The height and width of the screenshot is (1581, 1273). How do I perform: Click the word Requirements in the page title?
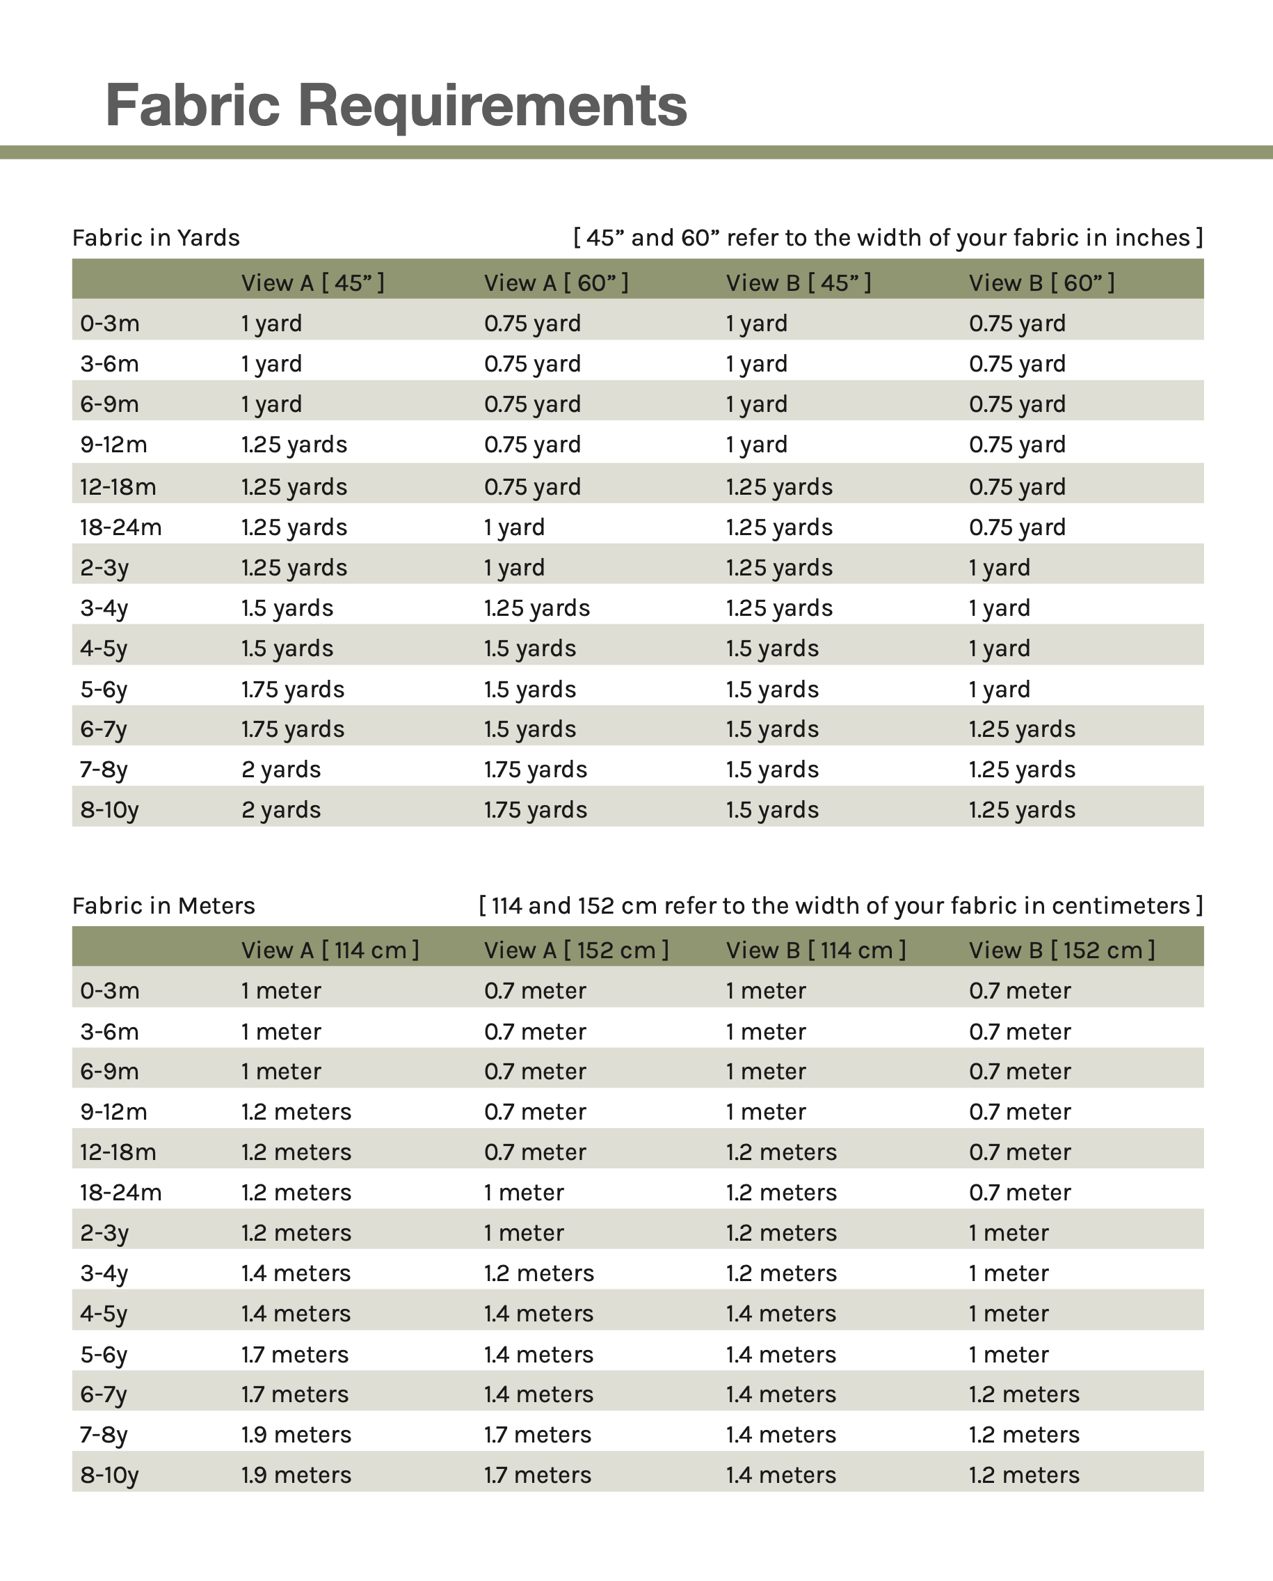[492, 105]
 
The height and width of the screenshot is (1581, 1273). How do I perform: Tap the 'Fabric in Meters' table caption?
[163, 905]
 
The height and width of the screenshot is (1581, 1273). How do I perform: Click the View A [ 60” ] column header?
[556, 283]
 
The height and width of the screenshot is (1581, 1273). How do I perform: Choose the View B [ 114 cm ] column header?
[816, 950]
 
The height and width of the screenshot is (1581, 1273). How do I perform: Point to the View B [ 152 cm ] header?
[1062, 950]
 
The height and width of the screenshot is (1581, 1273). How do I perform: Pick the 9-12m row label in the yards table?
[113, 445]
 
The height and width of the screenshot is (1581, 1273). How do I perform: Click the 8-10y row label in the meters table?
[109, 1475]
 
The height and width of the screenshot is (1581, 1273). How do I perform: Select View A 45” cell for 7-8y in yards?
[281, 770]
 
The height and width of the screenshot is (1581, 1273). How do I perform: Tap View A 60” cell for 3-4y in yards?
[537, 608]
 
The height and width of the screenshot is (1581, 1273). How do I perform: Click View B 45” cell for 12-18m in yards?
[780, 487]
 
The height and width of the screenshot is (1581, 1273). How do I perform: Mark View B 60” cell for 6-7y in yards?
[1022, 729]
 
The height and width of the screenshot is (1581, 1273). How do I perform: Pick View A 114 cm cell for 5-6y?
[295, 1354]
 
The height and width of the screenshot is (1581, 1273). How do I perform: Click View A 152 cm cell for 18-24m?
[524, 1192]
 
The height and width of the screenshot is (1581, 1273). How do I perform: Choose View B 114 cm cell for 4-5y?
[781, 1313]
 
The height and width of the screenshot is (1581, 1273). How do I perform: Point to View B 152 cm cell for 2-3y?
[1008, 1232]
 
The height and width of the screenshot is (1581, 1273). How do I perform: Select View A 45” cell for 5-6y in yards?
[293, 690]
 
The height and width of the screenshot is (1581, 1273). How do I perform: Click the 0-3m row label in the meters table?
[109, 990]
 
